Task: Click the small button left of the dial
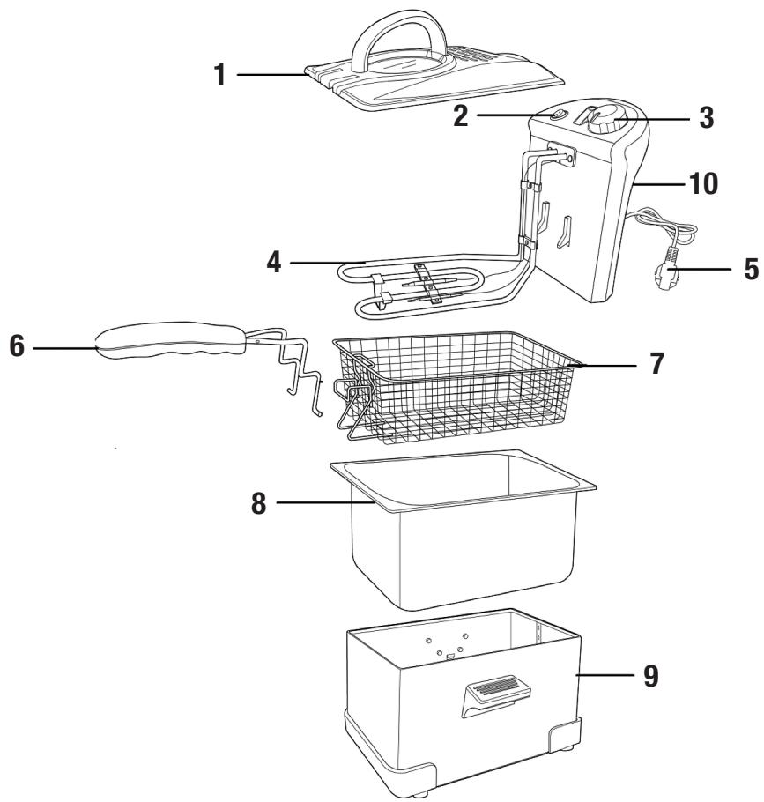point(558,114)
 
